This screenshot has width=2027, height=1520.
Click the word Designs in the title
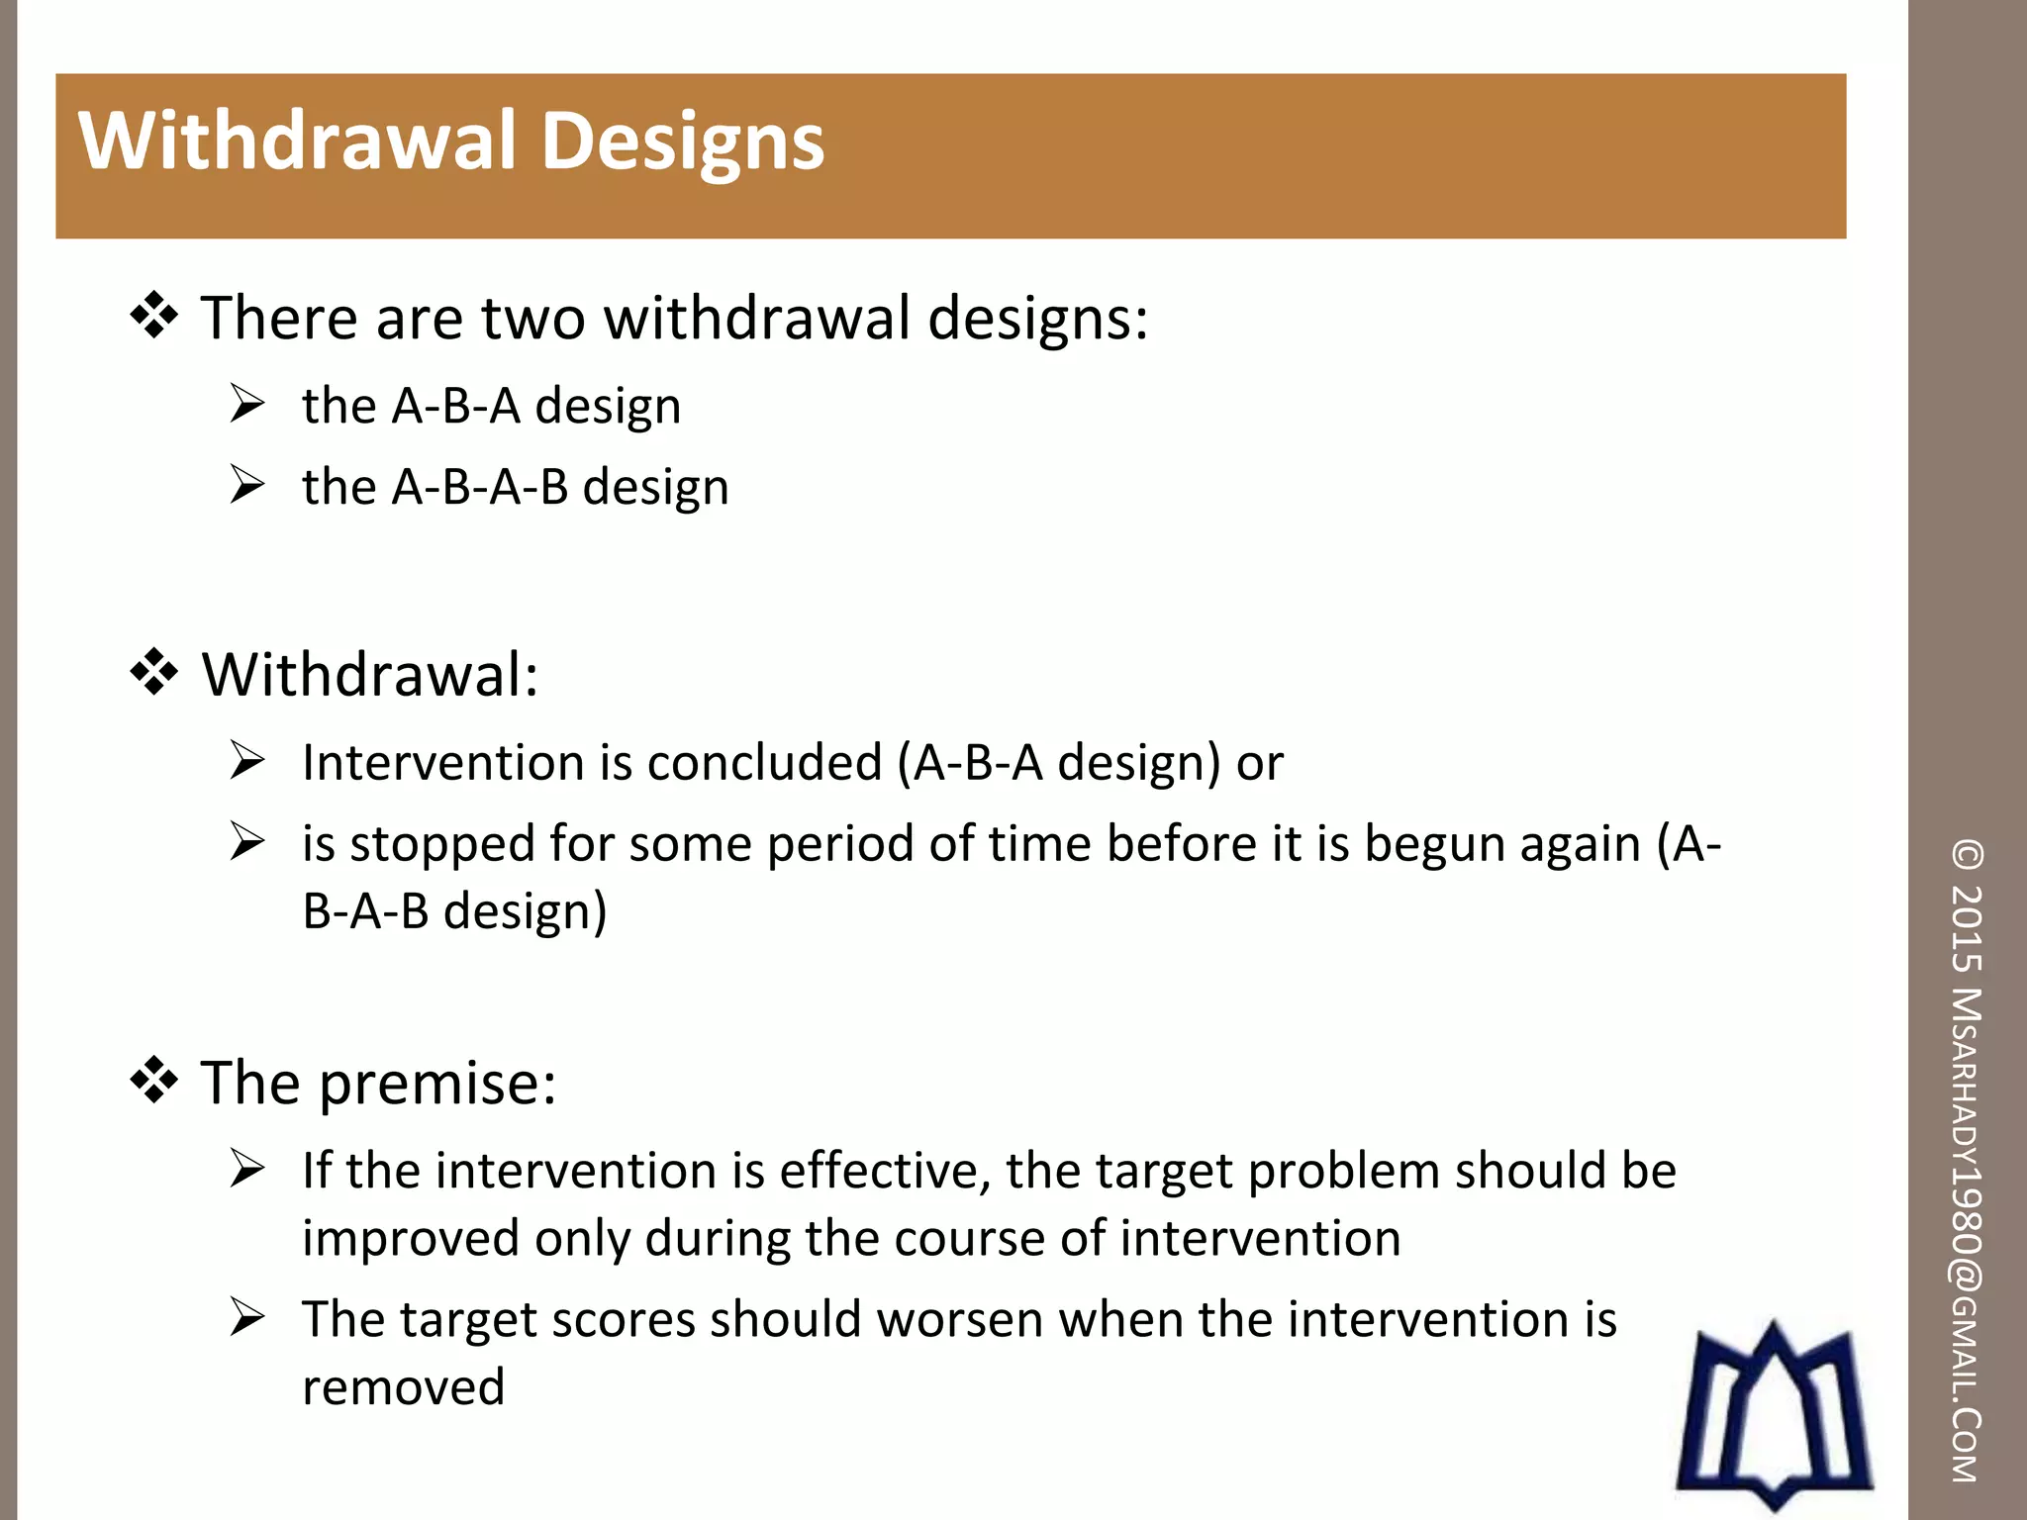683,142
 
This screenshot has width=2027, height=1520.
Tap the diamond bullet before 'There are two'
154,317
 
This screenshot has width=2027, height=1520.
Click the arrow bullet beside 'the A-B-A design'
246,404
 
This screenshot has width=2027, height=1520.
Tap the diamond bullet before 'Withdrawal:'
154,674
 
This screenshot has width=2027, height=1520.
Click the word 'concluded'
764,763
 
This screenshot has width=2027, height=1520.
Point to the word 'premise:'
437,1083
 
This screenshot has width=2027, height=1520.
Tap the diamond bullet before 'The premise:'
154,1081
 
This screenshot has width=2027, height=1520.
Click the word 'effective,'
885,1171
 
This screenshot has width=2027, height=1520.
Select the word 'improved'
410,1239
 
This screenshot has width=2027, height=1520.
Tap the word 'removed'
403,1387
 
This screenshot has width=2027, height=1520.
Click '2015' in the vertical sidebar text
1968,928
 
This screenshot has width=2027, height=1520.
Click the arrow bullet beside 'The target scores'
246,1318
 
